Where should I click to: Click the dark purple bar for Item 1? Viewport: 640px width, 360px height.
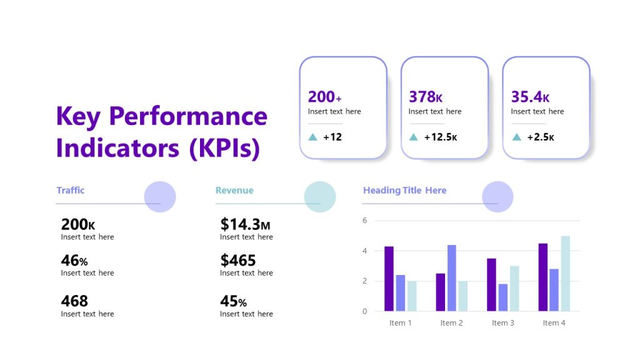pyautogui.click(x=389, y=279)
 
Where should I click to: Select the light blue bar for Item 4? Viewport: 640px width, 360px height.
pyautogui.click(x=565, y=274)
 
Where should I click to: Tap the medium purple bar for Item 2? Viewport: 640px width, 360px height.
pyautogui.click(x=451, y=278)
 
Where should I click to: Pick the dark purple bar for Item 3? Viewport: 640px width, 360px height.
pyautogui.click(x=491, y=285)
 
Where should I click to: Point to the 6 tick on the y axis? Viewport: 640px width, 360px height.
pyautogui.click(x=365, y=221)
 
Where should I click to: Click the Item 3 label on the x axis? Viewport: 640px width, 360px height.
pyautogui.click(x=502, y=323)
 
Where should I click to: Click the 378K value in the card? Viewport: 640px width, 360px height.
pyautogui.click(x=426, y=97)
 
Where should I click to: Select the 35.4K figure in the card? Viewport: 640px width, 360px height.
pyautogui.click(x=530, y=97)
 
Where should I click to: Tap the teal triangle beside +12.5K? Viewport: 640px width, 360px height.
pyautogui.click(x=413, y=137)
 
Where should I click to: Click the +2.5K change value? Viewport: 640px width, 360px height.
pyautogui.click(x=540, y=137)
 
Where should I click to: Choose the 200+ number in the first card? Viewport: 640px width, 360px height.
pyautogui.click(x=324, y=97)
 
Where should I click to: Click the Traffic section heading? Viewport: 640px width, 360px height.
pyautogui.click(x=70, y=190)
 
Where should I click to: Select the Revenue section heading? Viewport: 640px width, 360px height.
pyautogui.click(x=234, y=190)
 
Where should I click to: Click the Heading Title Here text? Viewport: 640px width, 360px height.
pyautogui.click(x=404, y=190)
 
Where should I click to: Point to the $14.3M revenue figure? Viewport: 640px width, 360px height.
pyautogui.click(x=245, y=224)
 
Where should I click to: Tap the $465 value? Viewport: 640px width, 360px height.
pyautogui.click(x=237, y=260)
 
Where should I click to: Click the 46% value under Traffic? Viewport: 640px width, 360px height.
pyautogui.click(x=74, y=260)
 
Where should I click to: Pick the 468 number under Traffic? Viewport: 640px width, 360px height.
pyautogui.click(x=74, y=301)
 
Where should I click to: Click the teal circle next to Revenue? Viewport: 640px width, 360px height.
pyautogui.click(x=320, y=196)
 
